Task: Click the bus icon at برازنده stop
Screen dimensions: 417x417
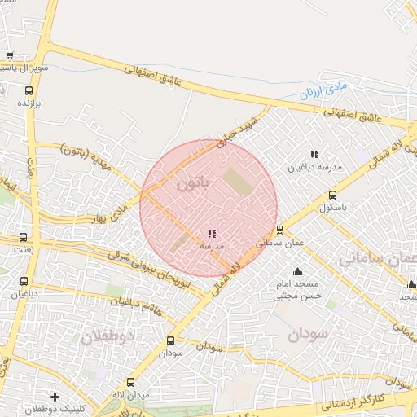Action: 29,91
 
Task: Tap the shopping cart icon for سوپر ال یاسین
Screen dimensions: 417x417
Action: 10,55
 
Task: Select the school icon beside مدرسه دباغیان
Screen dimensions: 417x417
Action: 314,154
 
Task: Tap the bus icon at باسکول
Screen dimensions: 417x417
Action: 332,195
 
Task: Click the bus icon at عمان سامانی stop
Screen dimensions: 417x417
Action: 279,230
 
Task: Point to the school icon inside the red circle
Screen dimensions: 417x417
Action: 212,234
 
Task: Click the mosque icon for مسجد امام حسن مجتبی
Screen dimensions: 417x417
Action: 297,271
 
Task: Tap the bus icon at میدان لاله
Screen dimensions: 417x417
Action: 131,382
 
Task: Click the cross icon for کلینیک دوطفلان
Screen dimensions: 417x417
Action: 55,397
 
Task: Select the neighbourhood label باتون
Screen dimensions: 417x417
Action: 194,183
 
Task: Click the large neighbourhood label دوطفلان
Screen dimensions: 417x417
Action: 108,336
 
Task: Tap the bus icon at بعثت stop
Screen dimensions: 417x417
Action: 24,238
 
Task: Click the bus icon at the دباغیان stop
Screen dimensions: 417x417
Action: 24,282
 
